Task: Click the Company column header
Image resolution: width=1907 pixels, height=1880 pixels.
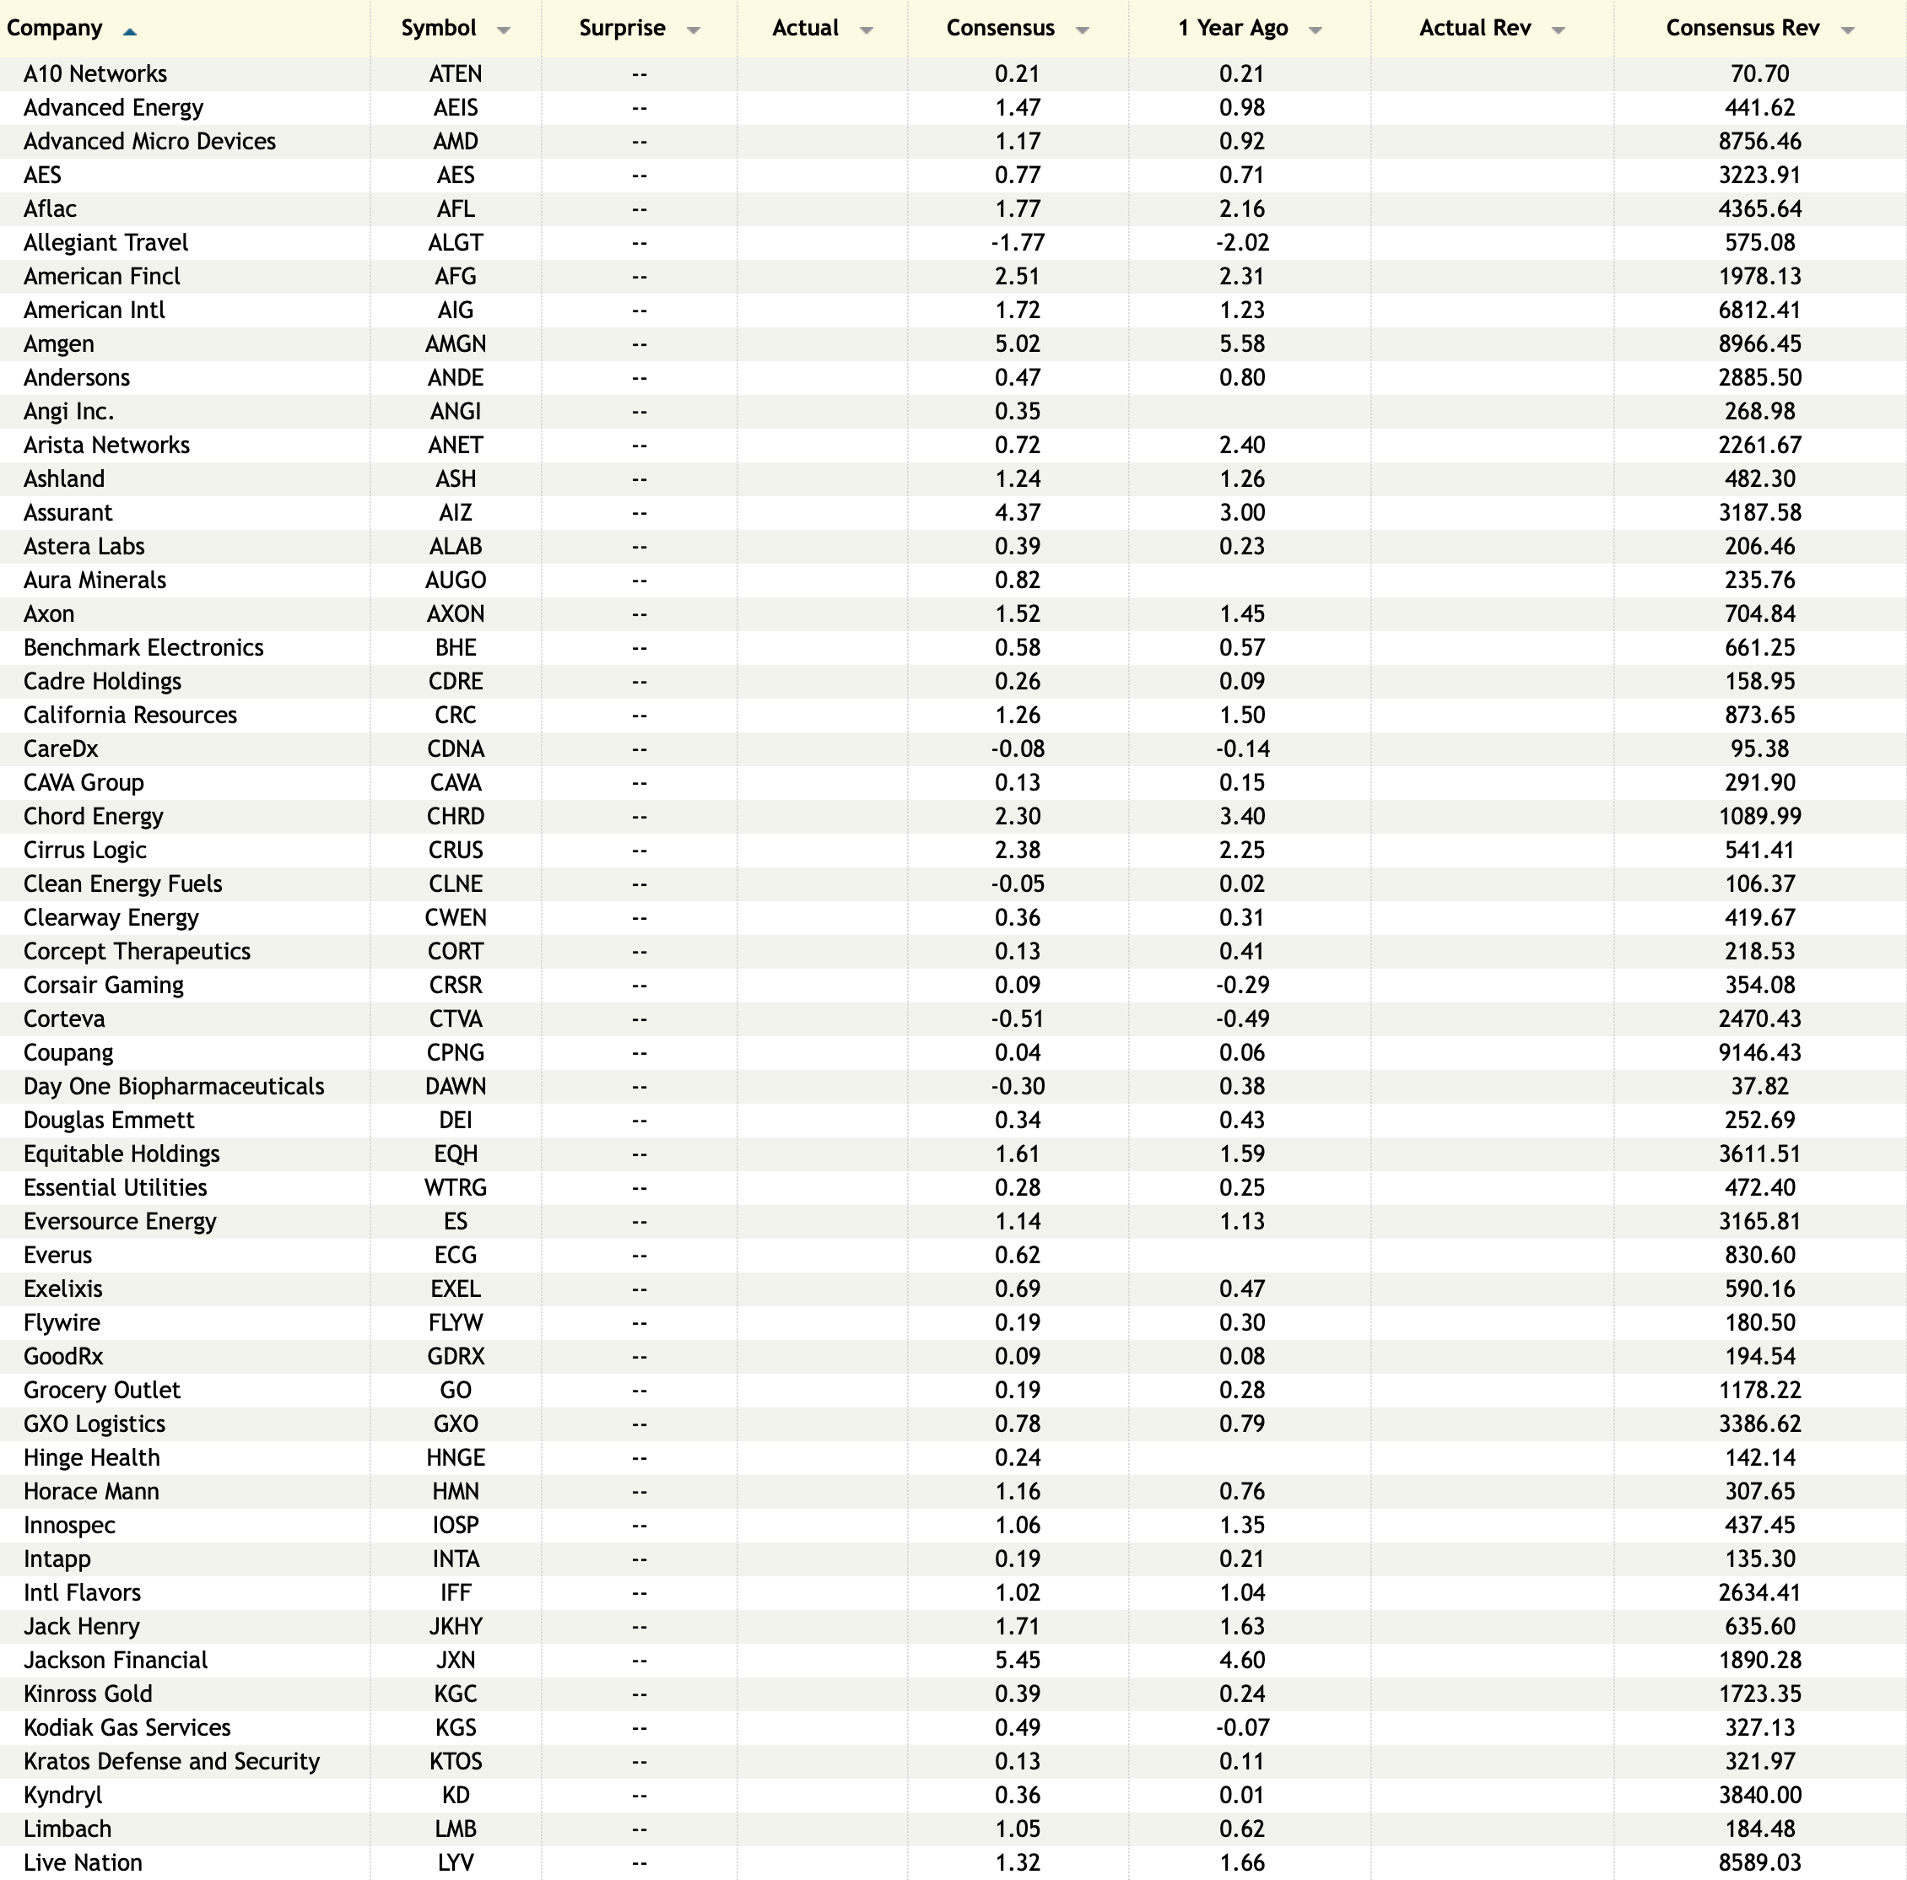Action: tap(54, 28)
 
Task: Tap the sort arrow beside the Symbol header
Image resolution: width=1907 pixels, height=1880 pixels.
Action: tap(504, 30)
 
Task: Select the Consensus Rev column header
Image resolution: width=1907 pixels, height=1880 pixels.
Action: tap(1742, 28)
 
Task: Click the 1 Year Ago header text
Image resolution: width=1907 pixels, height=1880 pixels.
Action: tap(1232, 28)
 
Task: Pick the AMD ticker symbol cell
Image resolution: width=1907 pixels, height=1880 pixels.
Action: tap(455, 141)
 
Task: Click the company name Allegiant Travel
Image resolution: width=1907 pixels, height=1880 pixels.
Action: tap(105, 242)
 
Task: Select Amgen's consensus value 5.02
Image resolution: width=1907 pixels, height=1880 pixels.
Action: tap(1017, 343)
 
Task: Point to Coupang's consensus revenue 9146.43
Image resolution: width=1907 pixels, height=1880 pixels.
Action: tap(1759, 1052)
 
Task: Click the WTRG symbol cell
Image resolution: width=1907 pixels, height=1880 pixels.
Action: tap(455, 1187)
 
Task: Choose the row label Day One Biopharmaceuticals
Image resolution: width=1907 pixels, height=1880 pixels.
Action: tap(174, 1086)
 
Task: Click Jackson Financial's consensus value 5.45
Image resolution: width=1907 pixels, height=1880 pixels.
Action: tap(1017, 1660)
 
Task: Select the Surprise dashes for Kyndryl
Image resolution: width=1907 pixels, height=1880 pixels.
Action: tap(639, 1795)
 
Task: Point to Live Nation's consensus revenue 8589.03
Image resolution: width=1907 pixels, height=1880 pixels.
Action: tap(1759, 1862)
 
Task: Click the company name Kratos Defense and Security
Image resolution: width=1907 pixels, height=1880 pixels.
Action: tap(172, 1760)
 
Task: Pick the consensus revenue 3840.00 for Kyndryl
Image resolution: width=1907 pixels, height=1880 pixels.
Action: tap(1759, 1795)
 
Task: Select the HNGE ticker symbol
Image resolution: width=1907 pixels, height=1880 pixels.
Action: tap(455, 1457)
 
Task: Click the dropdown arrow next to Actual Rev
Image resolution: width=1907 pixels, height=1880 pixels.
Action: tap(1559, 30)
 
